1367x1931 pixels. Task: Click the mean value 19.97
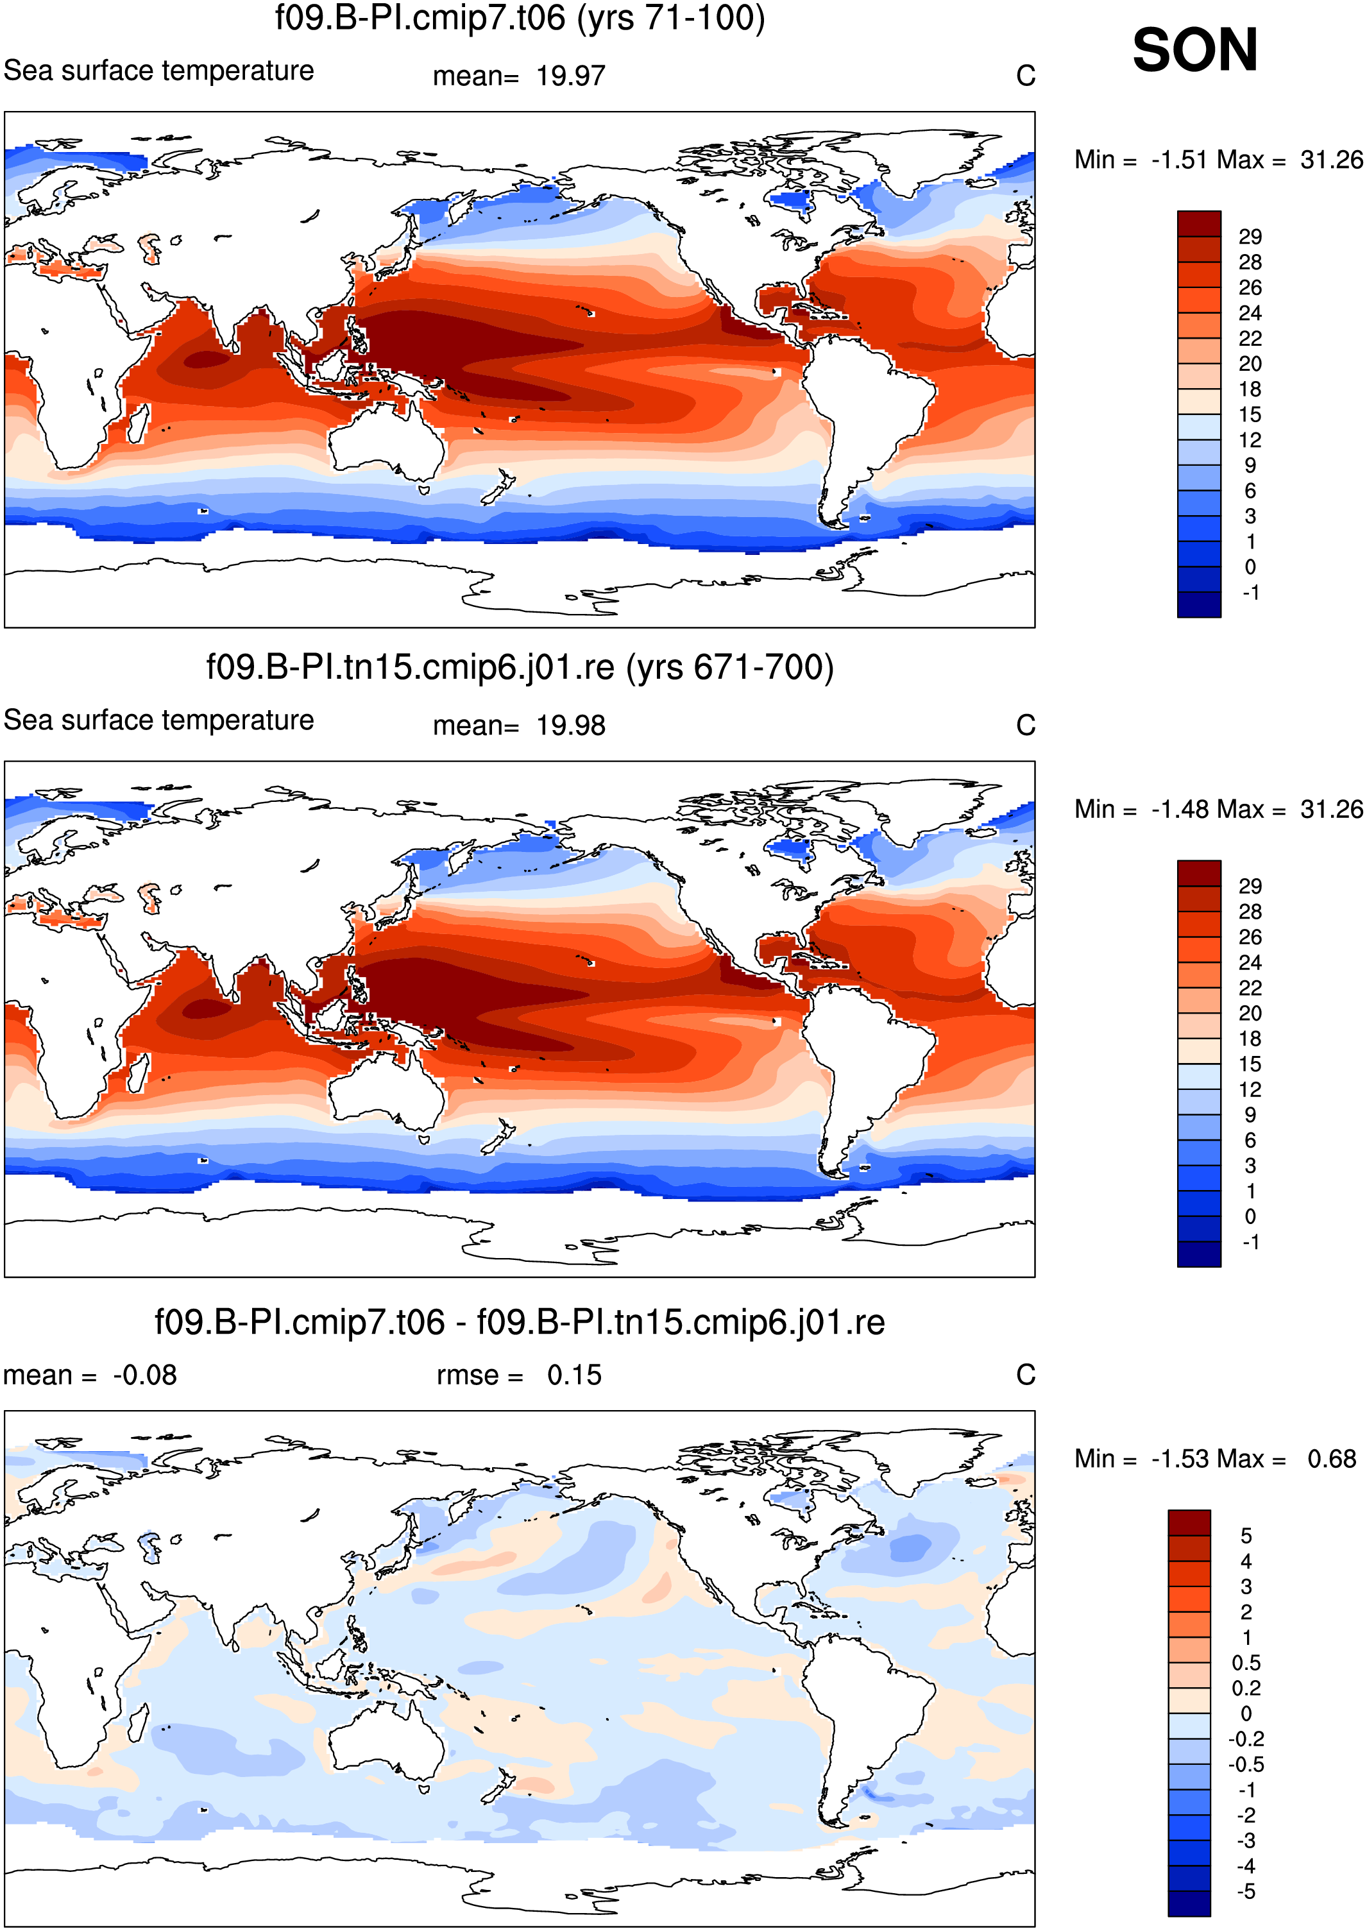571,76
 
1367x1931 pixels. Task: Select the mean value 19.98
571,726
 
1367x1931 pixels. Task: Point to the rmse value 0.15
574,1375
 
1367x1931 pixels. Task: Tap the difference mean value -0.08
145,1375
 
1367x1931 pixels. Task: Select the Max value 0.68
1332,1459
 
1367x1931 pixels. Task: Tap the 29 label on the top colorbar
1250,237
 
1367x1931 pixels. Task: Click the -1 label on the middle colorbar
1251,1241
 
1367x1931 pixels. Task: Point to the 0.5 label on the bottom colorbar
1246,1662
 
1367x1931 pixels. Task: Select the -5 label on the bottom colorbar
1246,1891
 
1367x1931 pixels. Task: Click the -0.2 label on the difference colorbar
1246,1739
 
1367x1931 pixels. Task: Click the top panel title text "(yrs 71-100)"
671,19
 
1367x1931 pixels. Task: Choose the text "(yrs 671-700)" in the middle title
730,668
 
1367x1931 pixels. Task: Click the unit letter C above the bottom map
1025,1375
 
